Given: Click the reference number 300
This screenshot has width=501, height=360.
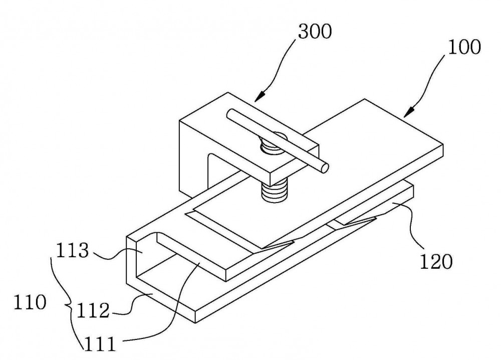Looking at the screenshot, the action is (x=315, y=32).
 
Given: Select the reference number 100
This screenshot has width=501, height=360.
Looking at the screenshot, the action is (x=464, y=47).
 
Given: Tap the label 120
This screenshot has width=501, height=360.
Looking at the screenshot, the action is (x=436, y=262).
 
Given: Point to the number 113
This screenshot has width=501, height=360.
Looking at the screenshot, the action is (x=72, y=250).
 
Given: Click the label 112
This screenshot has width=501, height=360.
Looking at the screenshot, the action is (x=93, y=310).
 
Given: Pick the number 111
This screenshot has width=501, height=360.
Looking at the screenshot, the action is (x=99, y=344).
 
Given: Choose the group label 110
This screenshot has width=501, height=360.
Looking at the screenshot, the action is (x=30, y=302).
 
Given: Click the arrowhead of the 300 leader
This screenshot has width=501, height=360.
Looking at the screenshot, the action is (x=261, y=96).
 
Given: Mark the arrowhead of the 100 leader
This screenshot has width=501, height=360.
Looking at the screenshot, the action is (x=409, y=112).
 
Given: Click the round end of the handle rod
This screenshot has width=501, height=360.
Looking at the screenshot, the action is (x=325, y=168).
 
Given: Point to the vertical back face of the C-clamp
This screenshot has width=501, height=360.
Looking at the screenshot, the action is (x=193, y=160).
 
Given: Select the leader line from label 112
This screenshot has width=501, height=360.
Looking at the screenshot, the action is (x=131, y=304).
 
